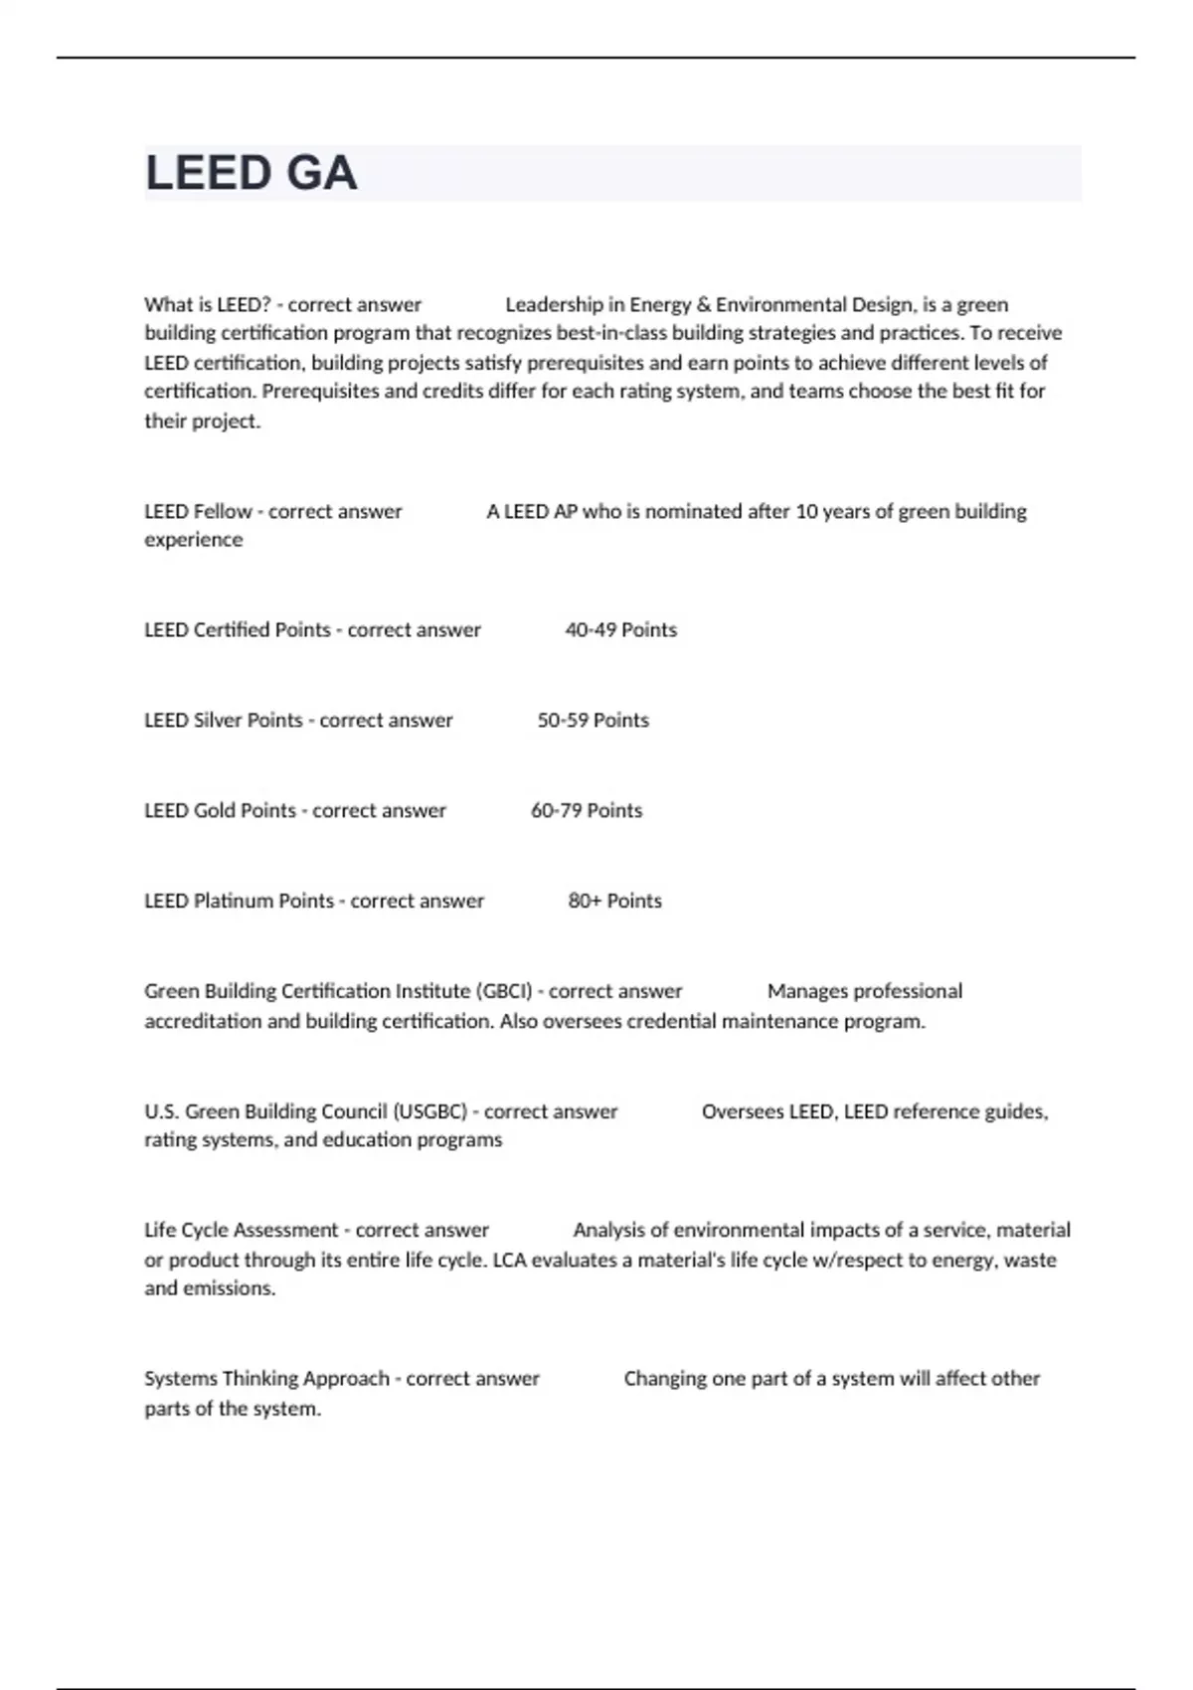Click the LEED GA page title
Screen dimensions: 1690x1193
[x=251, y=173]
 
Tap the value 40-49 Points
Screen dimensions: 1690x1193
[x=620, y=630]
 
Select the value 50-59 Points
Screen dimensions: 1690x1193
[x=593, y=721]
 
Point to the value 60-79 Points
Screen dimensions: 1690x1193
[x=586, y=811]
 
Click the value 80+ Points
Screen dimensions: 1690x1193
[x=614, y=902]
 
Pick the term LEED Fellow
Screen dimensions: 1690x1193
[x=198, y=512]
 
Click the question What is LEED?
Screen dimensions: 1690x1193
[x=207, y=305]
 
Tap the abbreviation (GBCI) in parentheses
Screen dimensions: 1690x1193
[x=504, y=991]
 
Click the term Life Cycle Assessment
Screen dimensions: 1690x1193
[x=241, y=1231]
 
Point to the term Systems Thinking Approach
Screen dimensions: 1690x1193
[x=266, y=1379]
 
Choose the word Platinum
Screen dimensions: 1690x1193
[x=233, y=902]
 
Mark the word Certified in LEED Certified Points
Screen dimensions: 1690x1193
[x=234, y=630]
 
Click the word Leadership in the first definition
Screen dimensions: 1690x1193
[x=554, y=305]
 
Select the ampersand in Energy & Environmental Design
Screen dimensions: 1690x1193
[x=703, y=305]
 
